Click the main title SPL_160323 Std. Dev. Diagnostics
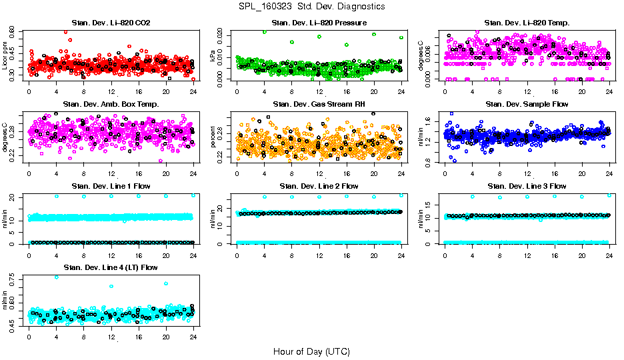[311, 6]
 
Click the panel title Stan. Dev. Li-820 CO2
[111, 23]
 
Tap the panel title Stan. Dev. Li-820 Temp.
[527, 23]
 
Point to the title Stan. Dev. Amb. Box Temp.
[111, 104]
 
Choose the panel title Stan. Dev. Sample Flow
[527, 104]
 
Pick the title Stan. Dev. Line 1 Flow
[111, 186]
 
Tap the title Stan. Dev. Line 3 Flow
[527, 186]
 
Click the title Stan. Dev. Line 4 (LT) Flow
[111, 267]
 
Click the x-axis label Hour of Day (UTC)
[311, 351]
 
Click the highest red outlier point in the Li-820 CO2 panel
[65, 32]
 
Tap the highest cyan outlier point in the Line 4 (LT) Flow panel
[57, 277]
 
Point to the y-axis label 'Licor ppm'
[5, 56]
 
